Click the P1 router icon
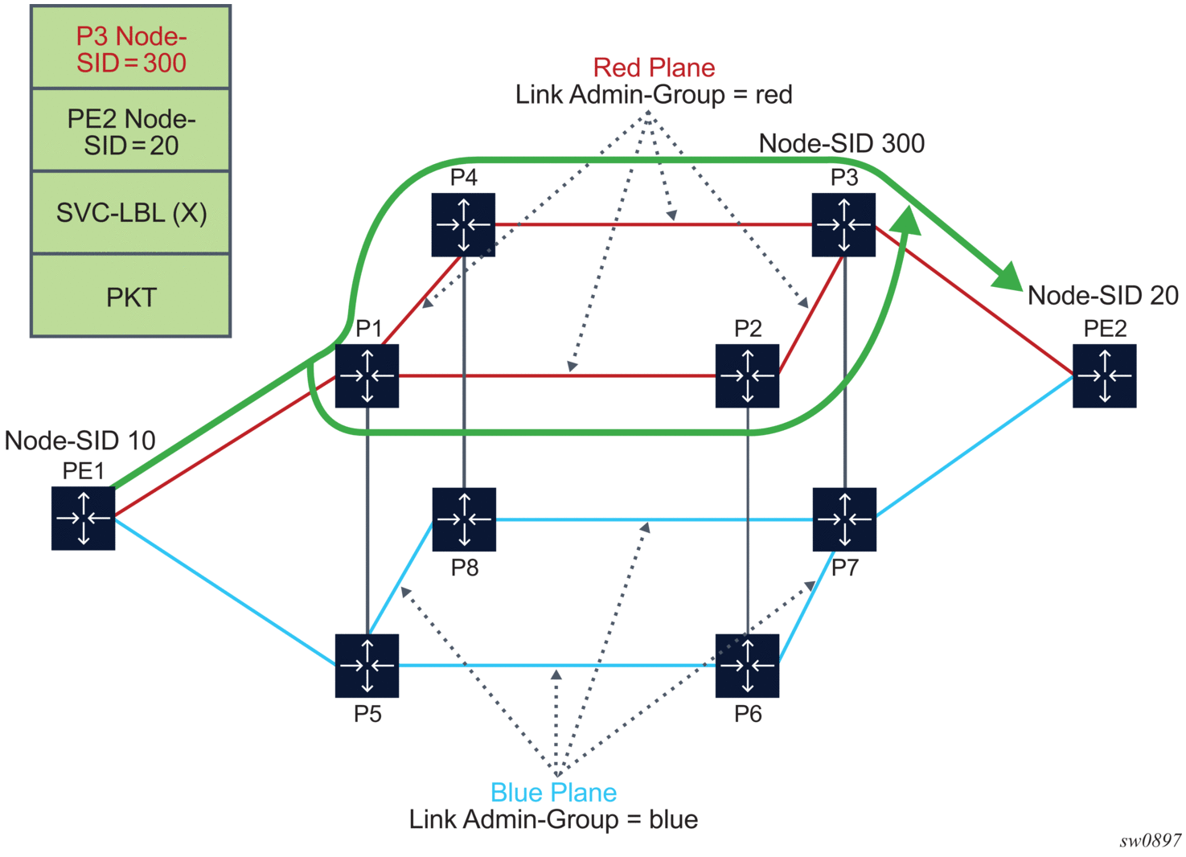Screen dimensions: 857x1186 pos(367,375)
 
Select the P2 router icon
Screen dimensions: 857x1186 pos(747,375)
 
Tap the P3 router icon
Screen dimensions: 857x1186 pos(843,225)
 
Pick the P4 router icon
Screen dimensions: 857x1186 pos(463,225)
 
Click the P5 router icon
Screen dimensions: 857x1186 pos(367,666)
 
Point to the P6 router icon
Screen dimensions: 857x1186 pos(747,666)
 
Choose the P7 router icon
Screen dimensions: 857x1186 pos(844,519)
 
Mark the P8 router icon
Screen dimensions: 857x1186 pos(464,519)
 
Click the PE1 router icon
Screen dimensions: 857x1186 pos(84,519)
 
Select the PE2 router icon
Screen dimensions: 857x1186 pos(1104,375)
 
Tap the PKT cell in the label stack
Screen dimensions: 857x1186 pos(131,297)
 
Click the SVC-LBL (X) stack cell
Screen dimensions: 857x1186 pos(131,213)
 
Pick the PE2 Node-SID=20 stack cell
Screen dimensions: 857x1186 pos(131,131)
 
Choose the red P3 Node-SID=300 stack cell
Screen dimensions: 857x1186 pos(131,48)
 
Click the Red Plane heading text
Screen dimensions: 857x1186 pos(654,68)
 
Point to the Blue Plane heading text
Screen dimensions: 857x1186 pos(553,793)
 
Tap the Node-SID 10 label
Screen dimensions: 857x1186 pos(80,441)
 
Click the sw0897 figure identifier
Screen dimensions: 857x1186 pos(1150,841)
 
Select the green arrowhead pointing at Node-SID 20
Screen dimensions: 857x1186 pos(1008,277)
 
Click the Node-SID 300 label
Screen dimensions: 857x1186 pos(841,143)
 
